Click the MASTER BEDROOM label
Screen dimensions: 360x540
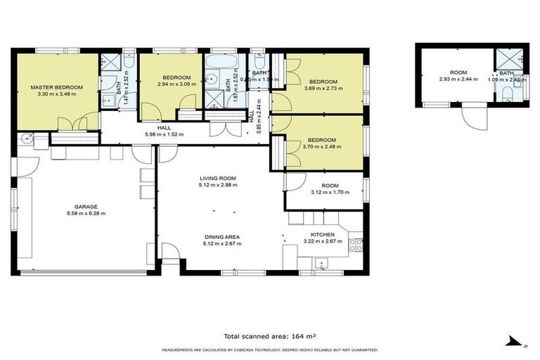click(56, 87)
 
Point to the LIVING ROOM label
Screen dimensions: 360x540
click(217, 179)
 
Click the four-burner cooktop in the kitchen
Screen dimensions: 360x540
click(356, 245)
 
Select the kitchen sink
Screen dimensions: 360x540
click(321, 264)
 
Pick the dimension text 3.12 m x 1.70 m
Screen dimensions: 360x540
click(326, 193)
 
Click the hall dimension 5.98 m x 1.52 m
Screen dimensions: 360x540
click(164, 134)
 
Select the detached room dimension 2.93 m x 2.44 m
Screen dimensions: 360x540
click(458, 79)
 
